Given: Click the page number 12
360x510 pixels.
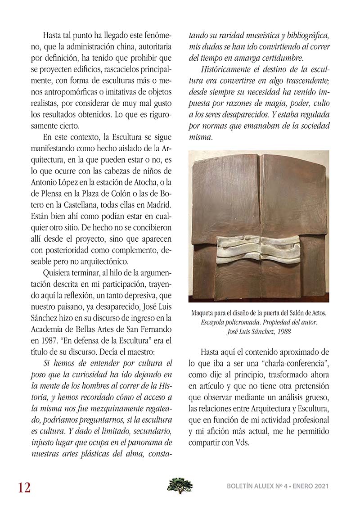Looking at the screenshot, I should (24, 487).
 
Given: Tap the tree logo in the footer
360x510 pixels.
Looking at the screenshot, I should (180, 486).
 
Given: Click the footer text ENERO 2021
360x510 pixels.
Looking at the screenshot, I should (309, 487).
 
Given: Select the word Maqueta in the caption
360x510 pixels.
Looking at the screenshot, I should (204, 312).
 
